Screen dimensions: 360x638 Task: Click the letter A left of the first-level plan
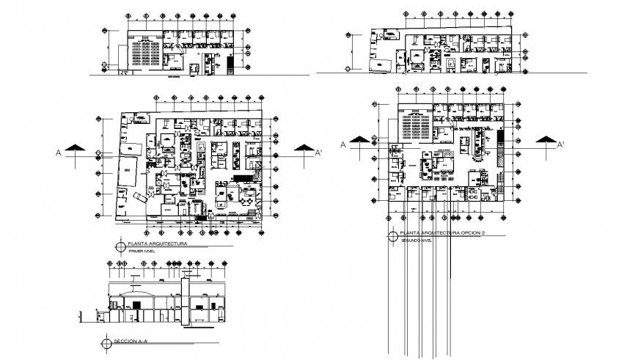[57, 153]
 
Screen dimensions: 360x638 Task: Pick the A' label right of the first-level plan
[318, 153]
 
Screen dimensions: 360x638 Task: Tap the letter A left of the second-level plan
[342, 144]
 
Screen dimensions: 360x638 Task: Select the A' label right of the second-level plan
[560, 144]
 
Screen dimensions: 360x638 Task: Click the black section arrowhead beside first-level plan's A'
[303, 149]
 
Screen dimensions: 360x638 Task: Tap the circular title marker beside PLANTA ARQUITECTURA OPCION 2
[392, 236]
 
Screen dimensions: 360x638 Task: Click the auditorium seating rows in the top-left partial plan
[146, 52]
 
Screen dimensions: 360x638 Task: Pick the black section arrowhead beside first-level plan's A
[74, 149]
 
